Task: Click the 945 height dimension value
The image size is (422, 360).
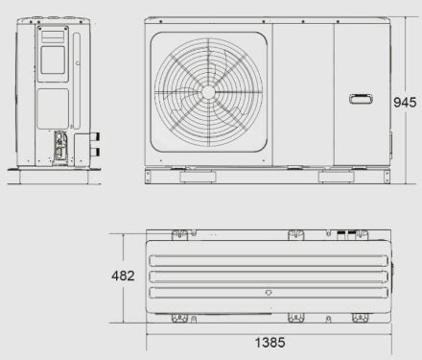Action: tap(405, 103)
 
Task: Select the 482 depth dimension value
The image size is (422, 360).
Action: tap(123, 276)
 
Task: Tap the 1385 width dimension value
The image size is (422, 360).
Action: tap(270, 343)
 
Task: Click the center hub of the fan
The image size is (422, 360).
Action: tap(208, 92)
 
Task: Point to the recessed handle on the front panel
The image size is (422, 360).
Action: tap(361, 99)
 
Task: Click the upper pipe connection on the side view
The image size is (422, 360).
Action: tap(95, 137)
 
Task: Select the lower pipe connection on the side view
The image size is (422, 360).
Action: tap(95, 153)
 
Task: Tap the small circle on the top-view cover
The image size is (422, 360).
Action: tap(269, 293)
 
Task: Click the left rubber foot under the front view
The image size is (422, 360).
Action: tap(198, 177)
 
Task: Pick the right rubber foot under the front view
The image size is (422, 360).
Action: tap(337, 177)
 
